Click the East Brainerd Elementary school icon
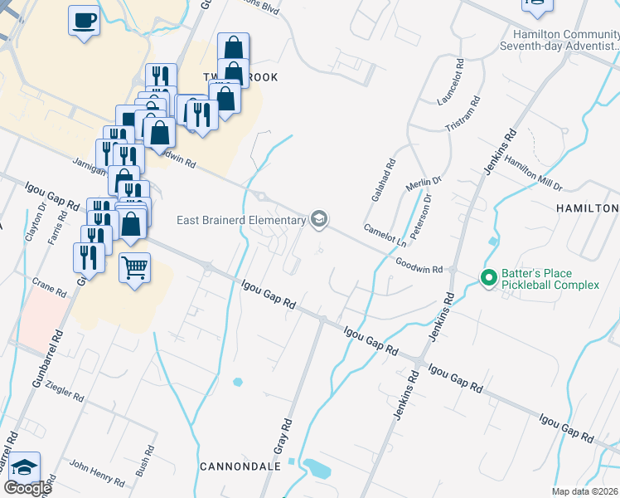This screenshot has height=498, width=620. point(318,219)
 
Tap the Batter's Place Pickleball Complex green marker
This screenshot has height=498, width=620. point(489,279)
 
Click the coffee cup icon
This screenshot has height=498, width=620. point(84,20)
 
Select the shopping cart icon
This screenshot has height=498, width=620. point(134,268)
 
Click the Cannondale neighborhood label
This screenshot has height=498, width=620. point(240,466)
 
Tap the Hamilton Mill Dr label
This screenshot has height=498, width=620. point(533,173)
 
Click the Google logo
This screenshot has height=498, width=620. point(27,487)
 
